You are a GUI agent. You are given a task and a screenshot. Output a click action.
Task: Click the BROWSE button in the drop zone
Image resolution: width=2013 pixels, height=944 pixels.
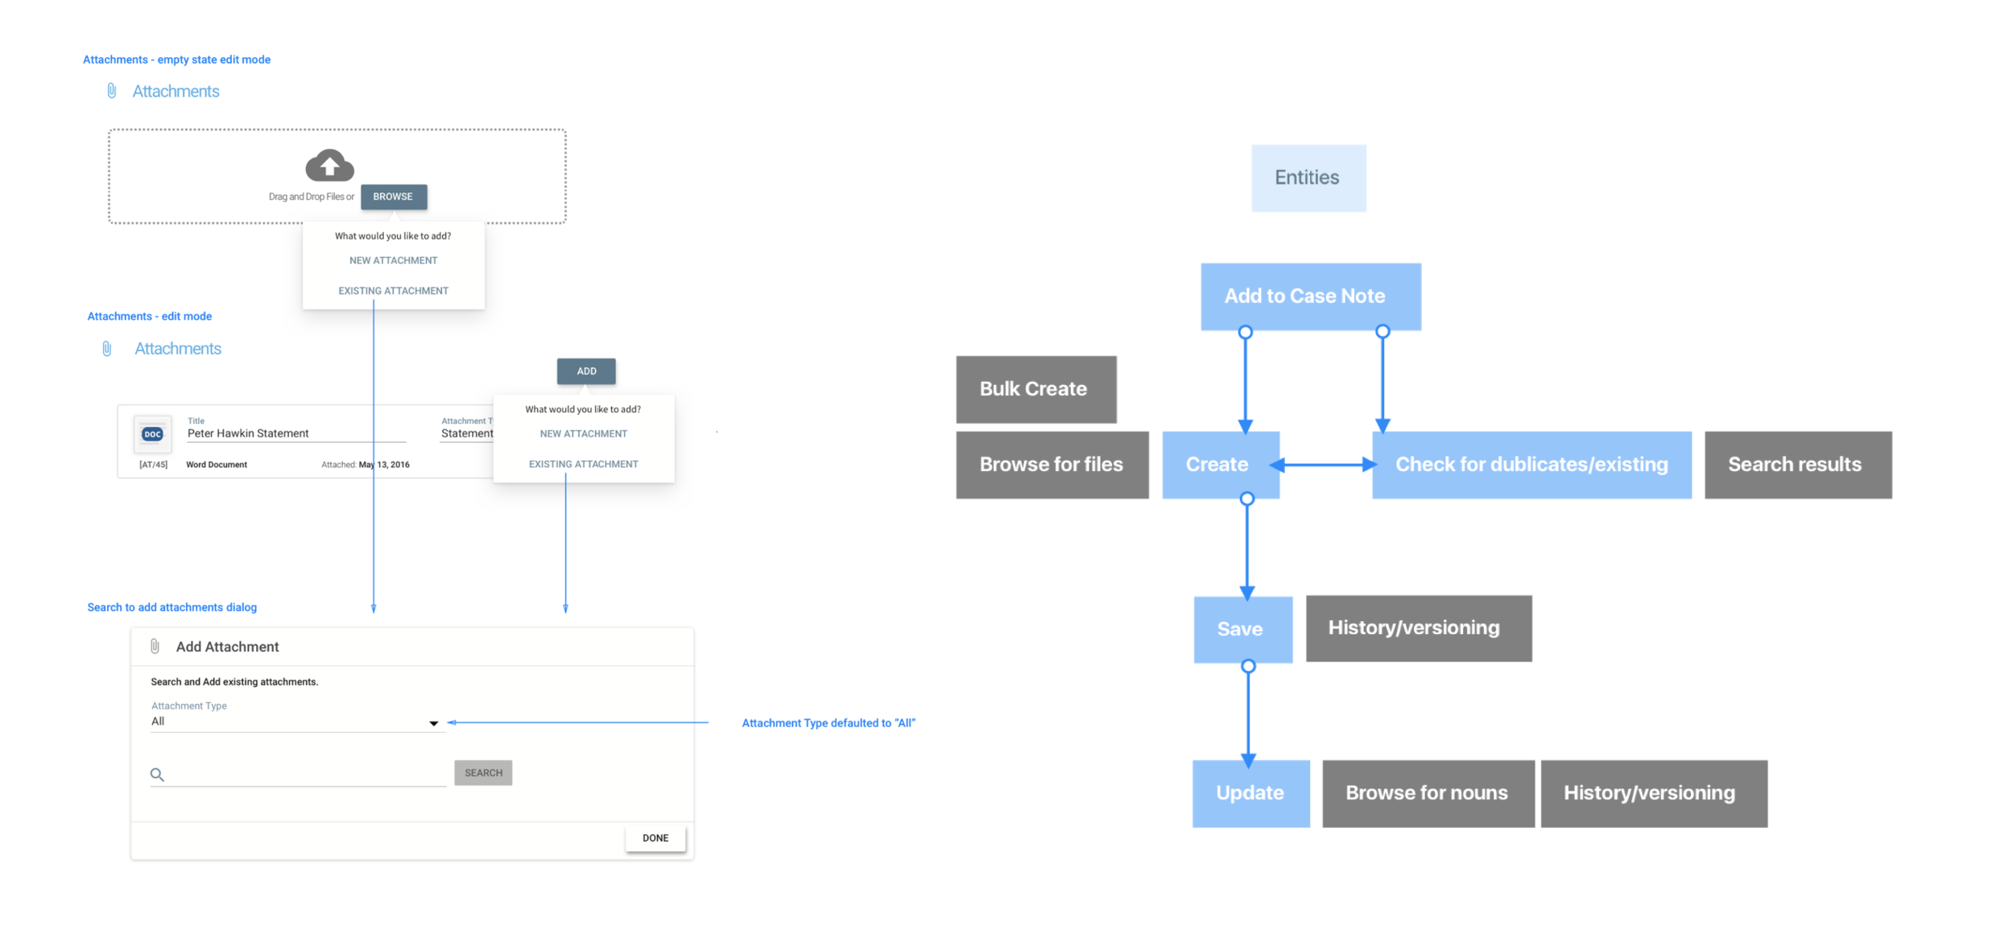point(393,197)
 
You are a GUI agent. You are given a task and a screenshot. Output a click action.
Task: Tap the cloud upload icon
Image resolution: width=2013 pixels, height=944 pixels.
point(329,165)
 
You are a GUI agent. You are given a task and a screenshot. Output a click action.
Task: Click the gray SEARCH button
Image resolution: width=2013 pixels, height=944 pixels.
point(483,772)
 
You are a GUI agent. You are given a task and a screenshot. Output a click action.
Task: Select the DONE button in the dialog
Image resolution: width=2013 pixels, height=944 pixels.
point(655,838)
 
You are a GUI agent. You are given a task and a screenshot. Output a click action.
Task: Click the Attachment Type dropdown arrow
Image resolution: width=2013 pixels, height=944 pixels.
point(433,723)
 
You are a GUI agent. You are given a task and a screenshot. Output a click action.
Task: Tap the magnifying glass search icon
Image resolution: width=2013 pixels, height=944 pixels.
point(157,775)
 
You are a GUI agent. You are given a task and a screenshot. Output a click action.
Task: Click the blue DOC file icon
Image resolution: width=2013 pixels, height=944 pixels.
point(152,434)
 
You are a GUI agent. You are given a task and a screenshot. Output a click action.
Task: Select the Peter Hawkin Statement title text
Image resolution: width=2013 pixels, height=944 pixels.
point(248,433)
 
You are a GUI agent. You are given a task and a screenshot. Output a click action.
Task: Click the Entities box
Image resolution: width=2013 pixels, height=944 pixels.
point(1308,178)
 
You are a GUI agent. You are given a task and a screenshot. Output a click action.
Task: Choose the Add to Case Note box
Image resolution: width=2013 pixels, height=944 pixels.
point(1310,296)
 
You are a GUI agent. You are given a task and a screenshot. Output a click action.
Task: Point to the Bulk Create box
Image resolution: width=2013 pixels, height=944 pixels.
point(1035,389)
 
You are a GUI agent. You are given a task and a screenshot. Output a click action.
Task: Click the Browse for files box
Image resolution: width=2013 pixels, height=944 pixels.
point(1052,465)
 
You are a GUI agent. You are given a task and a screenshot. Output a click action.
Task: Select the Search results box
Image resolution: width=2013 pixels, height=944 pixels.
point(1797,465)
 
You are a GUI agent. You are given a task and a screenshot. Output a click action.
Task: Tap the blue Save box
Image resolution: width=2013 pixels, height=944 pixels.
point(1242,629)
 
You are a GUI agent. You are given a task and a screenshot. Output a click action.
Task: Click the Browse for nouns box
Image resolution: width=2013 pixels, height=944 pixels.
point(1428,793)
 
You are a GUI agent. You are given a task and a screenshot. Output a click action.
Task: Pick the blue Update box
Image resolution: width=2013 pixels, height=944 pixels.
point(1250,793)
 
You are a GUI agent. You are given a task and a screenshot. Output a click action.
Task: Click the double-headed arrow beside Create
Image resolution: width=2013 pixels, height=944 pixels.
point(1325,465)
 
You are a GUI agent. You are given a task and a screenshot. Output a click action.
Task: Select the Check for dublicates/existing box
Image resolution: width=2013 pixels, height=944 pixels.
point(1531,465)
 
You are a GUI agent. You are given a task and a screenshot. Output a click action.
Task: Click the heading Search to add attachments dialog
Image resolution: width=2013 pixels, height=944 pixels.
point(172,607)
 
